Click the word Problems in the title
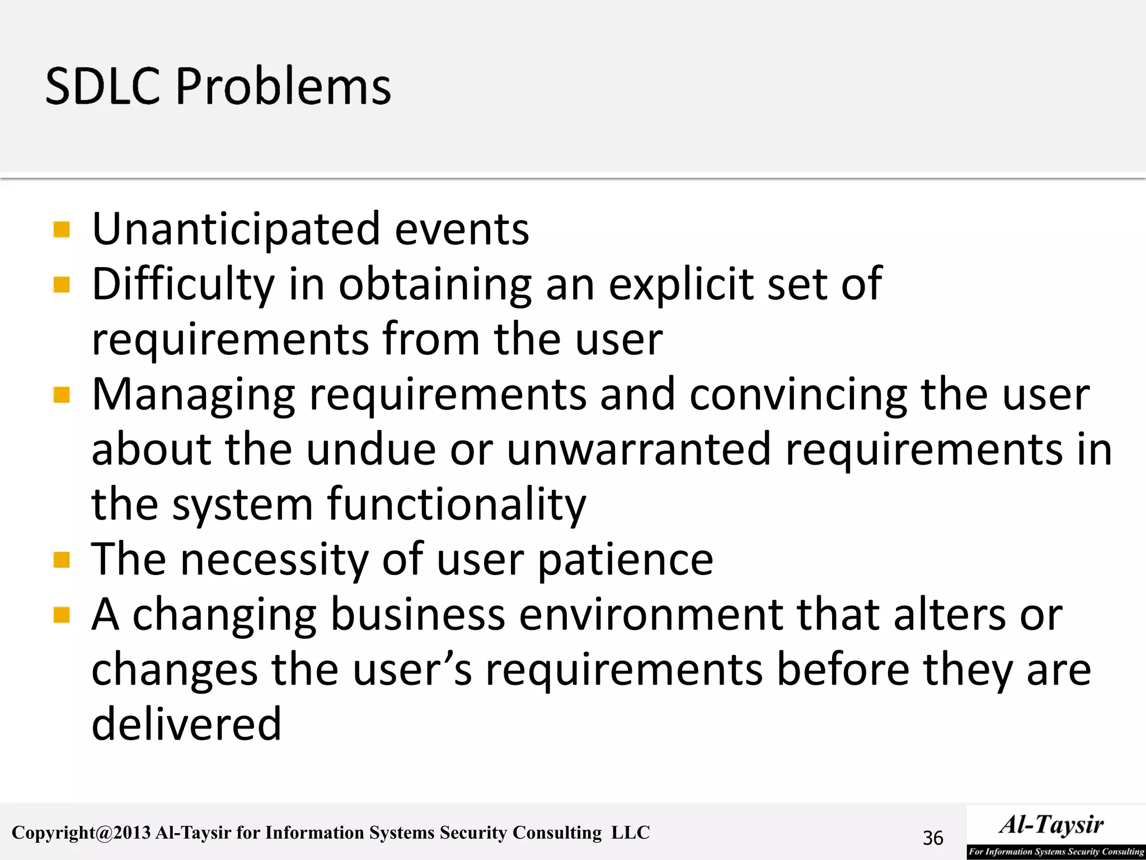(284, 87)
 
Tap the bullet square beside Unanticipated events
(62, 230)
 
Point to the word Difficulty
(183, 285)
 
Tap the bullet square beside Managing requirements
(62, 395)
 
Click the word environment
(651, 615)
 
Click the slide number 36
(933, 838)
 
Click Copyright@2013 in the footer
(81, 833)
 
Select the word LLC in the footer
(631, 833)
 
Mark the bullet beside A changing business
(62, 615)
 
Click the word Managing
(193, 395)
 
